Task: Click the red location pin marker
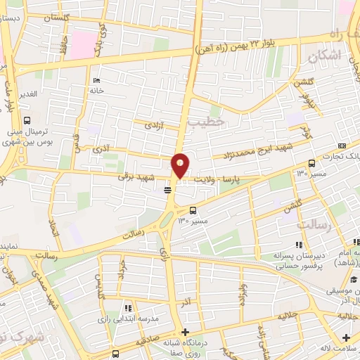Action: click(x=181, y=165)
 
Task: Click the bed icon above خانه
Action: click(x=96, y=80)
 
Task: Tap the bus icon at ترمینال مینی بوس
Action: click(x=27, y=120)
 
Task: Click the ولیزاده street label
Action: click(x=243, y=295)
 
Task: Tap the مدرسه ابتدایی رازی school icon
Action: click(x=127, y=308)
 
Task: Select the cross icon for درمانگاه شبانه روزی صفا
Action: click(x=185, y=333)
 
